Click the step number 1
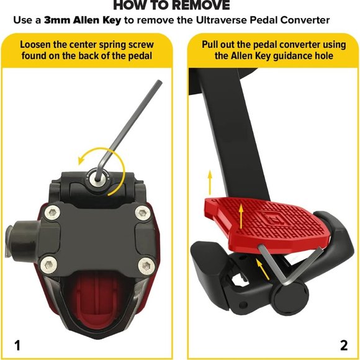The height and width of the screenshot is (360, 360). coord(17,345)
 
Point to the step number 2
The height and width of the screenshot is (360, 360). coord(344,345)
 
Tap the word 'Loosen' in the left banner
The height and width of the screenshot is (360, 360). coord(35,45)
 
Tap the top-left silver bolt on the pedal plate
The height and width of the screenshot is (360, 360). coord(53,213)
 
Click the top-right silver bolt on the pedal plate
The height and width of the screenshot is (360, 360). coord(143,213)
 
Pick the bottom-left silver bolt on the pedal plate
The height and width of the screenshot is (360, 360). coord(49,265)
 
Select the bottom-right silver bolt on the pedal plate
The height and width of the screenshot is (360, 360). coord(146,266)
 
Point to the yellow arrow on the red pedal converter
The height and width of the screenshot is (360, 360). coord(241,217)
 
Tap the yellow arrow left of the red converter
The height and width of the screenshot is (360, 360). coord(210,182)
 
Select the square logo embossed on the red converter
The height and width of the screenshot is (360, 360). coord(271,218)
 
